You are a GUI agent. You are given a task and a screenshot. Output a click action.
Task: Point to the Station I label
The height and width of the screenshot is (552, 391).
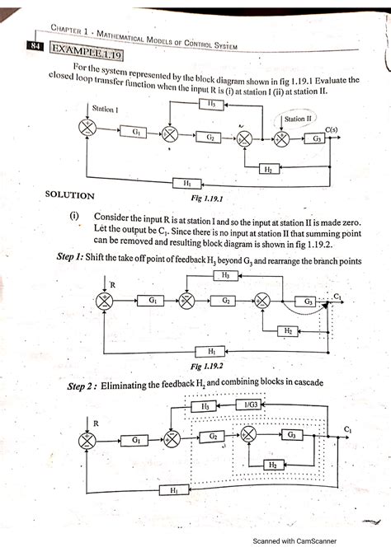tap(105, 108)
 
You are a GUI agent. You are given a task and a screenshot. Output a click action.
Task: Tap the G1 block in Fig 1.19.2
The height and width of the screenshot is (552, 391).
tap(153, 302)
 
